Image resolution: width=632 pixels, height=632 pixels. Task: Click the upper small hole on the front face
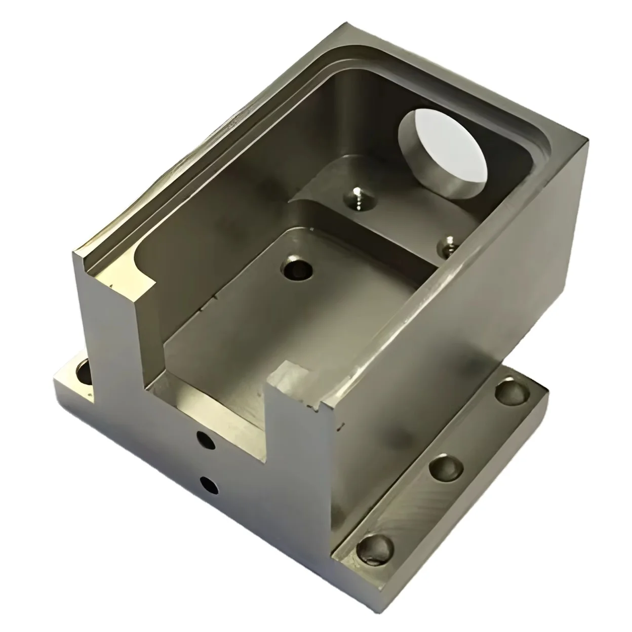(x=206, y=440)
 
